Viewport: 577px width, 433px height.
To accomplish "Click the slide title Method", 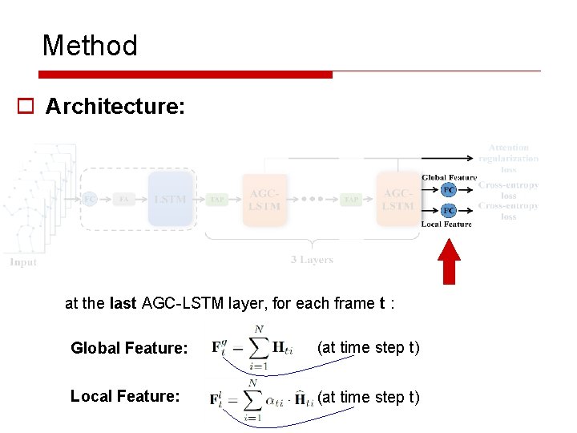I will [x=90, y=46].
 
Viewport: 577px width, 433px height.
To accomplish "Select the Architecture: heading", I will [x=115, y=107].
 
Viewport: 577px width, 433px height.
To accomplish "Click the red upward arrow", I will [x=450, y=261].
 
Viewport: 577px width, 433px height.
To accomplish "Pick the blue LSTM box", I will [x=171, y=199].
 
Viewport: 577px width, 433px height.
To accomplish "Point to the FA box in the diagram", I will [x=124, y=199].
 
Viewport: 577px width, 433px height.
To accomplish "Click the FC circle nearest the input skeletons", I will [x=90, y=199].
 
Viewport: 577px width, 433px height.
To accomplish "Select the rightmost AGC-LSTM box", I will [x=398, y=200].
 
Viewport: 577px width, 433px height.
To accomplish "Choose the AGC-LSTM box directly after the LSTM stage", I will [x=264, y=200].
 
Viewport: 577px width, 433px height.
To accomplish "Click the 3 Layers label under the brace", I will [x=312, y=260].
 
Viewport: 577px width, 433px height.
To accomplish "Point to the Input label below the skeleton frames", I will [x=24, y=262].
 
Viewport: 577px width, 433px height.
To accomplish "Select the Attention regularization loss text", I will [x=509, y=158].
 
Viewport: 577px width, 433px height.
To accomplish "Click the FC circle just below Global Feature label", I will [x=449, y=190].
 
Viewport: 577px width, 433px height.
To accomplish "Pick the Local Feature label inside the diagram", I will [x=446, y=225].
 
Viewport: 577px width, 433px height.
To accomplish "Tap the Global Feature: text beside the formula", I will [x=129, y=348].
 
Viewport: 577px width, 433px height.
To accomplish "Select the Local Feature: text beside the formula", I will [x=124, y=396].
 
